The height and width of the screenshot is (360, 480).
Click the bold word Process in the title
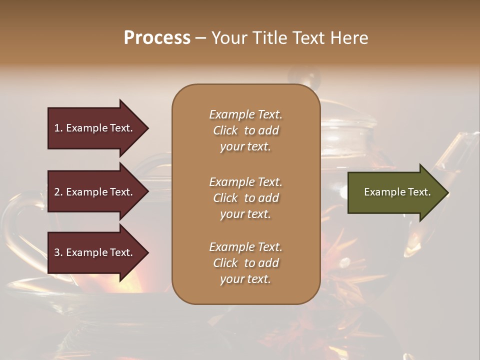coord(157,37)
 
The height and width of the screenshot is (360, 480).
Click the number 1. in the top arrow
coord(58,128)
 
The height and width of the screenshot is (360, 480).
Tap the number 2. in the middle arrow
coord(58,192)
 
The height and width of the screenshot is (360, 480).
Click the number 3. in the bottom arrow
coord(58,252)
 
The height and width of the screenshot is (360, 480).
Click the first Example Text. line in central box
coord(245,114)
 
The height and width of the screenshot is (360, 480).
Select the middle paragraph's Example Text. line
coord(245,182)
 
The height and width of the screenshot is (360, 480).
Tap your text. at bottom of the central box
coord(245,279)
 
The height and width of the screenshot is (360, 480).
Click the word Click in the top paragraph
coord(225,131)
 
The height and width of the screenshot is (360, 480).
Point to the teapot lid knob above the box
coord(310,77)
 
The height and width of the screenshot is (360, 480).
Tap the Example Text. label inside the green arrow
coord(397,192)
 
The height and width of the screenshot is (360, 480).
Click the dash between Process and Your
coord(200,38)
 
